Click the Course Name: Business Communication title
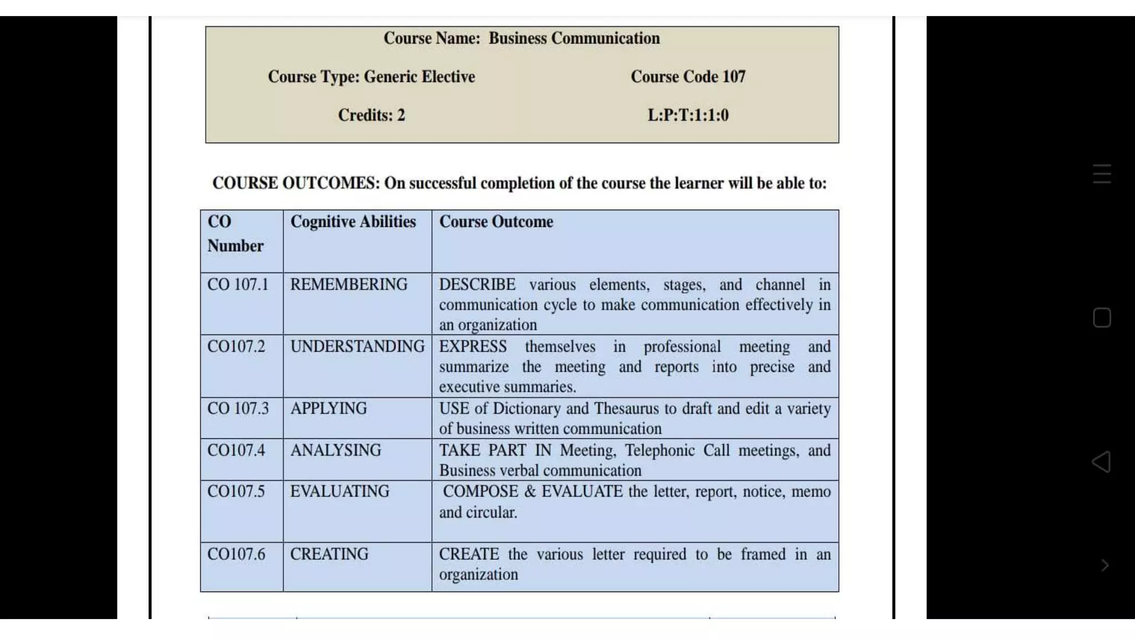pyautogui.click(x=522, y=38)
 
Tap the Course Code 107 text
pyautogui.click(x=688, y=77)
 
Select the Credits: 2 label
pyautogui.click(x=371, y=115)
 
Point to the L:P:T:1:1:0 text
pyautogui.click(x=688, y=115)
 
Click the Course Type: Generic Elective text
pyautogui.click(x=371, y=77)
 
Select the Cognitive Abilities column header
pyautogui.click(x=353, y=222)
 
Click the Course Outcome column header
pyautogui.click(x=496, y=222)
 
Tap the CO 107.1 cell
pyautogui.click(x=238, y=285)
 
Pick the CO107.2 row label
pyautogui.click(x=236, y=347)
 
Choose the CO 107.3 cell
pyautogui.click(x=238, y=409)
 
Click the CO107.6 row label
pyautogui.click(x=236, y=554)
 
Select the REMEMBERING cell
pyautogui.click(x=349, y=285)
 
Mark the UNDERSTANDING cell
pyautogui.click(x=357, y=347)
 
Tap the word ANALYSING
pyautogui.click(x=336, y=450)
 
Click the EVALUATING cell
pyautogui.click(x=340, y=491)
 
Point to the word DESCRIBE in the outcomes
pyautogui.click(x=477, y=285)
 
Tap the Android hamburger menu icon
pyautogui.click(x=1102, y=174)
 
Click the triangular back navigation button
pyautogui.click(x=1101, y=461)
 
